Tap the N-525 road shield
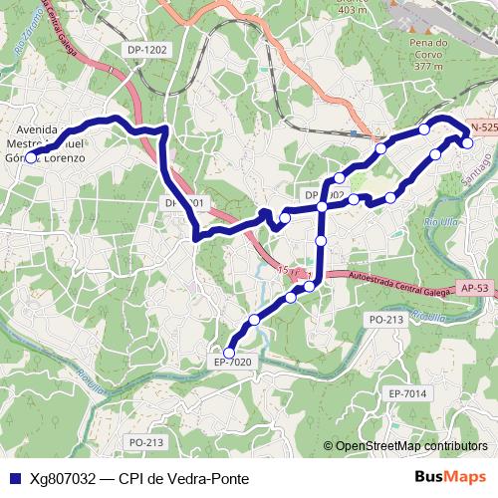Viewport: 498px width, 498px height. click(x=483, y=128)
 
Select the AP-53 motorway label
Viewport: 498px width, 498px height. click(x=474, y=287)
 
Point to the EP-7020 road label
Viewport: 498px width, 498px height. click(x=233, y=362)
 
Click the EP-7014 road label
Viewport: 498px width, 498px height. click(x=408, y=394)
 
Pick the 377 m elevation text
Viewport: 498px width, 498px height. click(x=427, y=68)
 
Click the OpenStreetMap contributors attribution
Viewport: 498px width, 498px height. click(x=410, y=446)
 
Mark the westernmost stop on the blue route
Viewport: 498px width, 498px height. click(x=30, y=157)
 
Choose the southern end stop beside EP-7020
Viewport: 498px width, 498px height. click(x=229, y=352)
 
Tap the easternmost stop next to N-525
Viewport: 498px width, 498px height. click(x=467, y=142)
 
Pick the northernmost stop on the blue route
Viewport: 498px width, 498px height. click(x=424, y=128)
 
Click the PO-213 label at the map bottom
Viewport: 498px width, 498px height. click(x=145, y=441)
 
